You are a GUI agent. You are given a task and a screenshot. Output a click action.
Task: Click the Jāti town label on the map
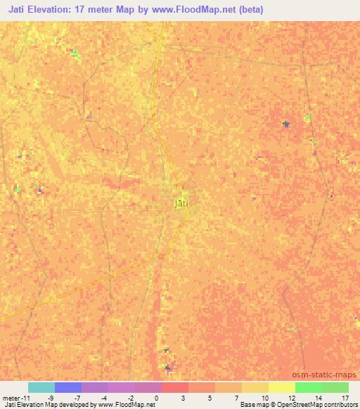click(x=181, y=204)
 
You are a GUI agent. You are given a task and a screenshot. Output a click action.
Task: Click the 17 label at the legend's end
click(x=344, y=398)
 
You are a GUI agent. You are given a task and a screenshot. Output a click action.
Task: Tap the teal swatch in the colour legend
click(x=41, y=387)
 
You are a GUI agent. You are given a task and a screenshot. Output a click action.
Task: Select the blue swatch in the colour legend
click(x=68, y=387)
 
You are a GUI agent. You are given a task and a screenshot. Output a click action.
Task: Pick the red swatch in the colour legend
click(x=175, y=387)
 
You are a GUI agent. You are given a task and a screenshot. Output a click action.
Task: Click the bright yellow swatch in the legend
click(x=282, y=387)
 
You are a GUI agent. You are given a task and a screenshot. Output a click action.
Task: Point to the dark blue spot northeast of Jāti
click(x=285, y=124)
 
